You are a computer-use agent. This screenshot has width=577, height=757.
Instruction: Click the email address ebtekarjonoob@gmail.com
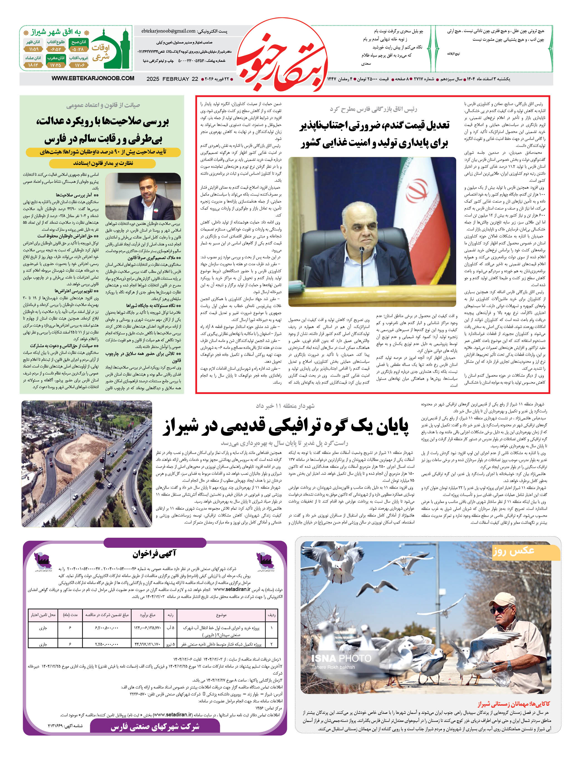pos(168,31)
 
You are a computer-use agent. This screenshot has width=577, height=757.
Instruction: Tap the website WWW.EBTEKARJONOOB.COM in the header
pos(93,78)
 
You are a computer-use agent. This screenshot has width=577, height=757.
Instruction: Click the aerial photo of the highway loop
pos(87,464)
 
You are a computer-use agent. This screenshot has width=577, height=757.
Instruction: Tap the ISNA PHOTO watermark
pos(341,658)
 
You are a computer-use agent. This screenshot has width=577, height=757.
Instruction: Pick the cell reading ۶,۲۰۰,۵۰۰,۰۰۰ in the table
pos(107,628)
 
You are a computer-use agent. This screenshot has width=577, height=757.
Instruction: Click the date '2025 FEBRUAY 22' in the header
pos(172,79)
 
